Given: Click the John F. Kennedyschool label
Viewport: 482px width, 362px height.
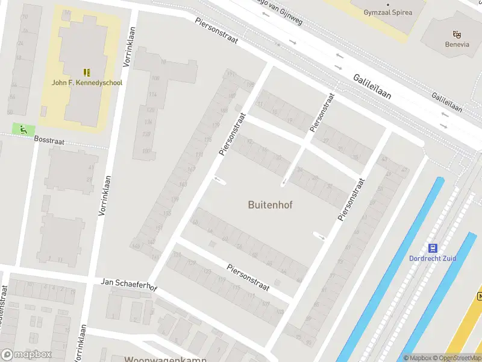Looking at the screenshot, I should click(x=87, y=83).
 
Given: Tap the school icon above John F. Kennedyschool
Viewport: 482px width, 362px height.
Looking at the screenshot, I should click(x=87, y=72).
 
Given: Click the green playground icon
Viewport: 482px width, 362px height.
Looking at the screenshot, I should click(x=23, y=129).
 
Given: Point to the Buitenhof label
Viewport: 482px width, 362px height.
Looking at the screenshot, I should click(x=270, y=205).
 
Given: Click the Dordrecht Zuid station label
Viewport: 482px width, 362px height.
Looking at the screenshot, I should click(x=433, y=258).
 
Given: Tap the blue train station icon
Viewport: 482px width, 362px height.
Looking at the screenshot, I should click(x=432, y=247).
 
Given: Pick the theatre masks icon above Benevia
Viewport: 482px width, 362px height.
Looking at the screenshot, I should click(x=455, y=34).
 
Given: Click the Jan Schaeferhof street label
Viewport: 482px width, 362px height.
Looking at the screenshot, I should click(x=128, y=283).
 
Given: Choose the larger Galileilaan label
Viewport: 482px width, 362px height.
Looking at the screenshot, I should click(x=372, y=86).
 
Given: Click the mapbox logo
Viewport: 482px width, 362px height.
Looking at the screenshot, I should click(x=27, y=354).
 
